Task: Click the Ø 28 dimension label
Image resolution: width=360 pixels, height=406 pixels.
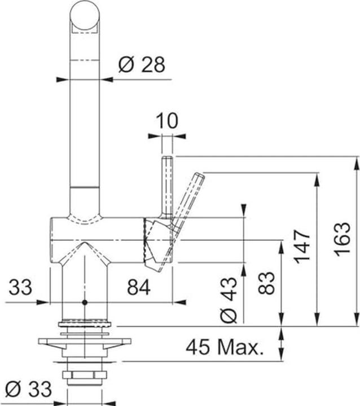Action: coord(141,65)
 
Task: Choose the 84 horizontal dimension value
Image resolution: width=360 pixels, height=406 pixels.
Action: coord(138,288)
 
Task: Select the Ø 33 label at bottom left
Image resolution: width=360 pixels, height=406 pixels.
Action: coord(28,389)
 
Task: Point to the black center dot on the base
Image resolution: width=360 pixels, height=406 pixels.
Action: coord(85,302)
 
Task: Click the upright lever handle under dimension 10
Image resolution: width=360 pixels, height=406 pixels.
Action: coord(168,186)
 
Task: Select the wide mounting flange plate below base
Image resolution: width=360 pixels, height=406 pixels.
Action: coord(84,342)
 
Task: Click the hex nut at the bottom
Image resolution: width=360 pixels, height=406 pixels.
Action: coord(84,376)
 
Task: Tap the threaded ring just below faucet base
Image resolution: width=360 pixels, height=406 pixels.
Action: coord(85,324)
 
